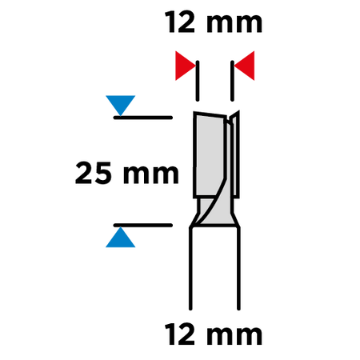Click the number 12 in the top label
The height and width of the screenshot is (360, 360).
(179, 22)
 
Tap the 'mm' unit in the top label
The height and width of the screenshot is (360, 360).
(234, 24)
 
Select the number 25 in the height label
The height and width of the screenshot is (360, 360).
(94, 173)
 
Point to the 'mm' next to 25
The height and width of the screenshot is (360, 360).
(150, 174)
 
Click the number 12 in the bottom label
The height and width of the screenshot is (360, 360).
(179, 334)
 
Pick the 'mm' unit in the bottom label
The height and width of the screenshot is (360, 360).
(234, 336)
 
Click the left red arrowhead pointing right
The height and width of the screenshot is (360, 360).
(185, 66)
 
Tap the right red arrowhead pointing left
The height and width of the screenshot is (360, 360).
(245, 66)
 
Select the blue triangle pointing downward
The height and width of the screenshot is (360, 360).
(121, 105)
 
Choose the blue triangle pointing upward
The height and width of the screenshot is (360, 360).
(121, 238)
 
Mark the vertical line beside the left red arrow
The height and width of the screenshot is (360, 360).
(198, 81)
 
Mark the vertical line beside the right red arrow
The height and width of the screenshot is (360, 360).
(232, 81)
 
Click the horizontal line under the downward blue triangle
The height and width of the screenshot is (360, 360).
(143, 118)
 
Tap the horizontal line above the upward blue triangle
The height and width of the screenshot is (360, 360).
(143, 226)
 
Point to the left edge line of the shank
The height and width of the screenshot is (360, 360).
(190, 268)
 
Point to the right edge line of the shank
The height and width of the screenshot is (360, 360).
(238, 268)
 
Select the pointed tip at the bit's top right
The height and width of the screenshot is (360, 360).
(238, 111)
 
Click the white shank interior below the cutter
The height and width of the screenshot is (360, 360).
(214, 268)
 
